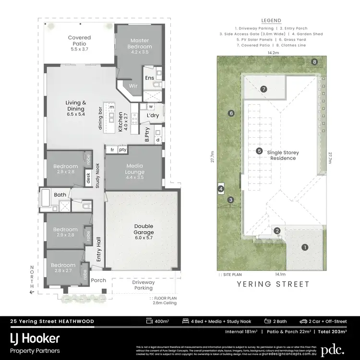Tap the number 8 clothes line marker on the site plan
tap(315, 62)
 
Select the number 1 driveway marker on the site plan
tap(304, 248)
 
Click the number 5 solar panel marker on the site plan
tap(259, 151)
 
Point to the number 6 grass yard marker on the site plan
tap(231, 113)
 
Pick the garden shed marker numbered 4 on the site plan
tap(221, 189)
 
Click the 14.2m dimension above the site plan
tap(273, 52)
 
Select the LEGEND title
tap(272, 21)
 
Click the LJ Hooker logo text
tap(35, 338)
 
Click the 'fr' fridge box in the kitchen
tap(112, 150)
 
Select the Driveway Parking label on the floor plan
tap(143, 285)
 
